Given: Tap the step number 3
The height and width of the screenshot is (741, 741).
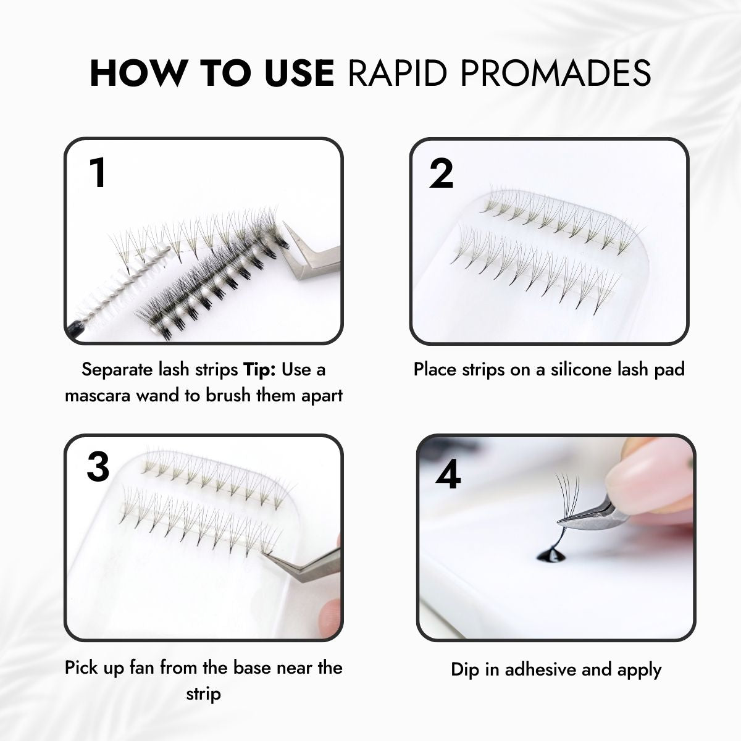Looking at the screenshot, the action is [x=98, y=467].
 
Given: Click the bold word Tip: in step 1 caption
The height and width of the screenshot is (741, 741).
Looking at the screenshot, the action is [x=259, y=370].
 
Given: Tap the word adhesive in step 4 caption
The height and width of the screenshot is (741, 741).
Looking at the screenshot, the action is [x=540, y=669].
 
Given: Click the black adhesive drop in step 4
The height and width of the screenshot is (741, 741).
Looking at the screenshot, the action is [x=550, y=555].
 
